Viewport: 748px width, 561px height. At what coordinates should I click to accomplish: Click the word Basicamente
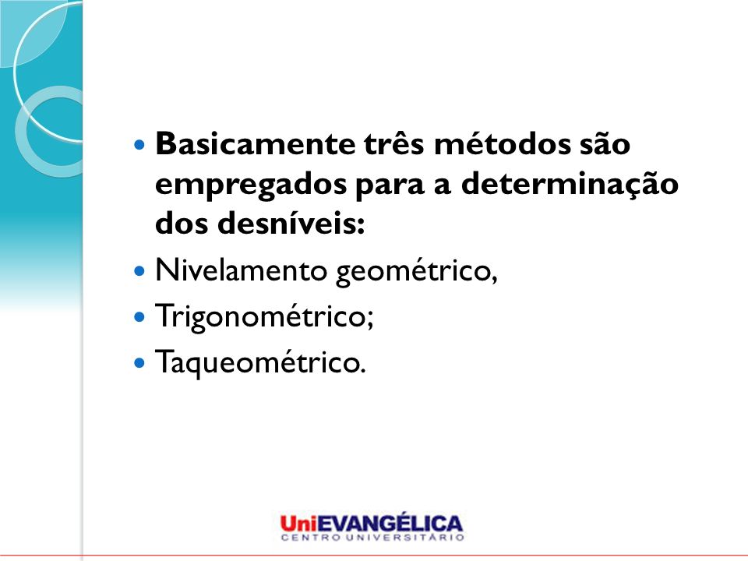pos(256,143)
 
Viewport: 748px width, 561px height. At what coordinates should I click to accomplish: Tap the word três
pos(394,143)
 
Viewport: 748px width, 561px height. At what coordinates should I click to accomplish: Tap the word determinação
pos(570,185)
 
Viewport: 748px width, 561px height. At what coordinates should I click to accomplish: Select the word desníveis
pos(291,223)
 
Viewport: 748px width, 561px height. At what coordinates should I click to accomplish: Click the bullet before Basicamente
pos(139,144)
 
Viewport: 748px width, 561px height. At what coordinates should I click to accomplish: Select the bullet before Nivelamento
pos(139,271)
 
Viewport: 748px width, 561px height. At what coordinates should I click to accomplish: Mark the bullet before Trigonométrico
pos(139,317)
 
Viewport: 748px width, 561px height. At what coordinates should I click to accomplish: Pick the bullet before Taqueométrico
pos(139,362)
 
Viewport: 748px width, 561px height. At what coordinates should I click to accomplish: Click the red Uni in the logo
pos(298,524)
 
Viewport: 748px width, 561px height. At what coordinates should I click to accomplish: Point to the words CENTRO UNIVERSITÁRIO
pos(372,538)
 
